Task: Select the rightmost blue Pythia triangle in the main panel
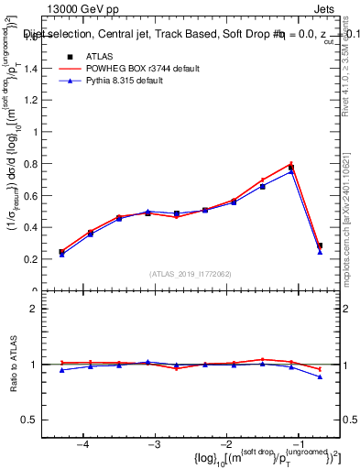320,252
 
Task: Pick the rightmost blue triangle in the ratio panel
320,376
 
